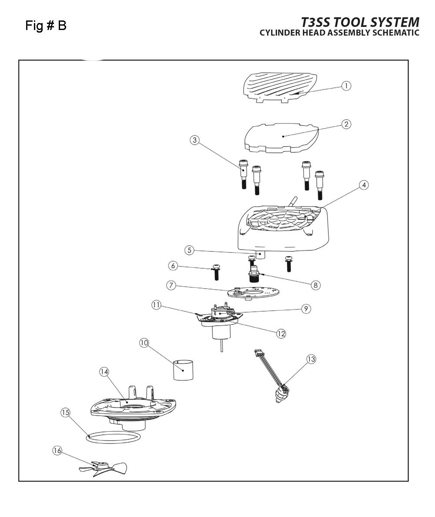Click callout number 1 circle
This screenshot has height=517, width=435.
coord(346,86)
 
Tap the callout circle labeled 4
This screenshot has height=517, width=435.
coord(364,185)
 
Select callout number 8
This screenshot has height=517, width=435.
coord(315,285)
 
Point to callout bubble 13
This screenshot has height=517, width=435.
coord(311,359)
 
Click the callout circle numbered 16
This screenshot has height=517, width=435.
coord(57,450)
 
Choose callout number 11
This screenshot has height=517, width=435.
coord(156,305)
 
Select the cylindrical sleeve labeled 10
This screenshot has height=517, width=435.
coord(184,370)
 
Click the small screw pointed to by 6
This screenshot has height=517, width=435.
coord(216,272)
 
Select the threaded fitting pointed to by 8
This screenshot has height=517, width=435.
coord(254,276)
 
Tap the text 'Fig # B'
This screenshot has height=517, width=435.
coord(46,25)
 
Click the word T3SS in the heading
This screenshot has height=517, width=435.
coord(316,23)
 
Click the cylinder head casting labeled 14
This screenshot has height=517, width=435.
coord(133,408)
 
